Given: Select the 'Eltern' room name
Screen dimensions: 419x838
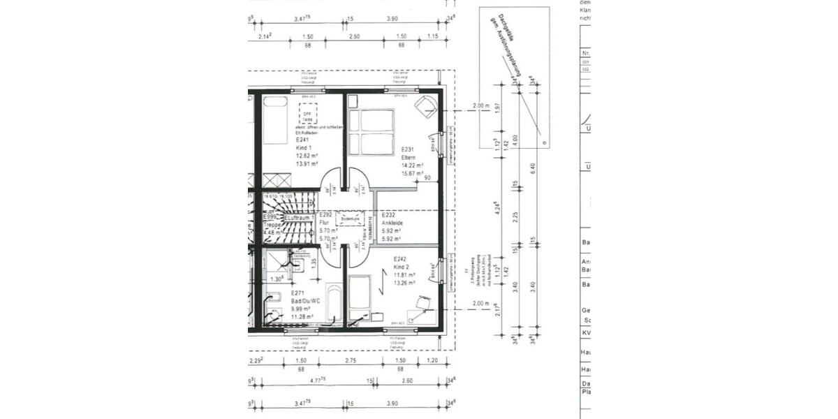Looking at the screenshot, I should point(409,157).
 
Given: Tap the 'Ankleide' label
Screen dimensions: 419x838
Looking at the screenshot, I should point(392,223).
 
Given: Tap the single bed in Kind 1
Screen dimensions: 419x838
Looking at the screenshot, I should point(275,119).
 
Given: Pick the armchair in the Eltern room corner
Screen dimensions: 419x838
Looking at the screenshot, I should point(425,105).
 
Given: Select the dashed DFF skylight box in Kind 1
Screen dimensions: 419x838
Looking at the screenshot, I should point(308,114).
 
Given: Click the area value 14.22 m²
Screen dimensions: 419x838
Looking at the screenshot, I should point(412,165).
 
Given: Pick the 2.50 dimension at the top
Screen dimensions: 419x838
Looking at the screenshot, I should point(355,36).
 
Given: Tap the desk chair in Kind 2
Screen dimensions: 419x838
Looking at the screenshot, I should point(423,302).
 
